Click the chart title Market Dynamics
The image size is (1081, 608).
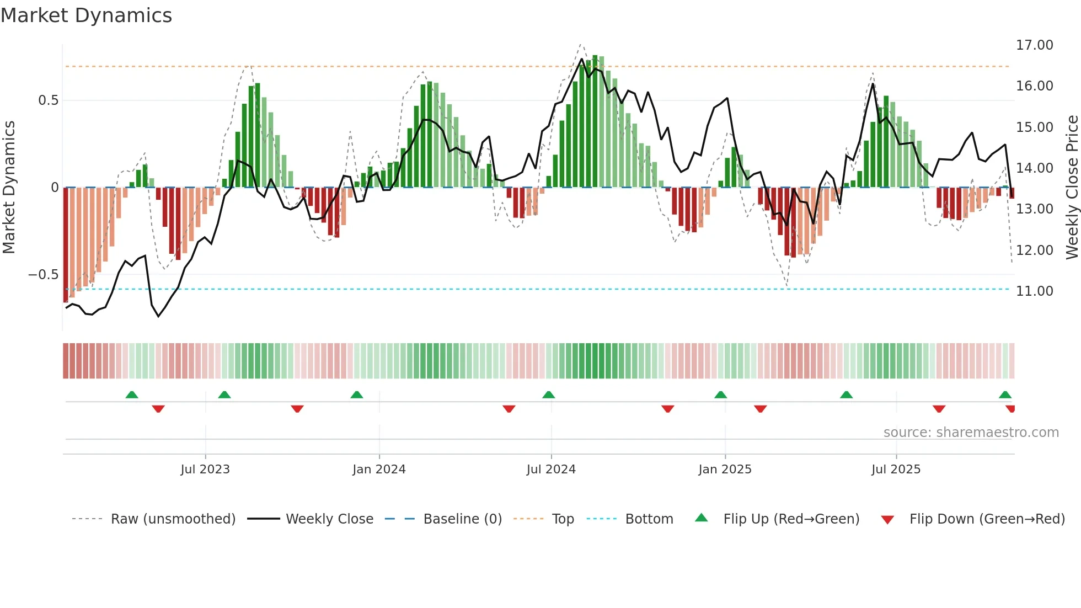click(x=86, y=15)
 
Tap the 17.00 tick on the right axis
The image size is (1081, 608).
click(x=1034, y=45)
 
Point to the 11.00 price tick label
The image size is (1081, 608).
click(x=1034, y=291)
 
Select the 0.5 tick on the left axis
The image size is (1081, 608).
click(x=48, y=100)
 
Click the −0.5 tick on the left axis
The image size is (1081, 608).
click(x=44, y=275)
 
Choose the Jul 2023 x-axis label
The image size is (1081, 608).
click(x=205, y=470)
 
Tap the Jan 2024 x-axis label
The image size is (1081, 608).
click(x=379, y=470)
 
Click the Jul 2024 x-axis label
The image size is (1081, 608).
click(x=551, y=470)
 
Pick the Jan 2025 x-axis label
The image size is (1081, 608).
click(x=725, y=470)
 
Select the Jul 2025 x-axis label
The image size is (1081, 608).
click(x=896, y=470)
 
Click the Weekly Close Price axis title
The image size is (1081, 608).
click(x=1072, y=188)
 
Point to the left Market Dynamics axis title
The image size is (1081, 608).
click(x=9, y=188)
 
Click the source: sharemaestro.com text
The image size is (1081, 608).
click(x=971, y=433)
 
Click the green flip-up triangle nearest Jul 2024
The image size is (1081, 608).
click(x=548, y=395)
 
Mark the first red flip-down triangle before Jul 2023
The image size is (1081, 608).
click(x=158, y=409)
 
